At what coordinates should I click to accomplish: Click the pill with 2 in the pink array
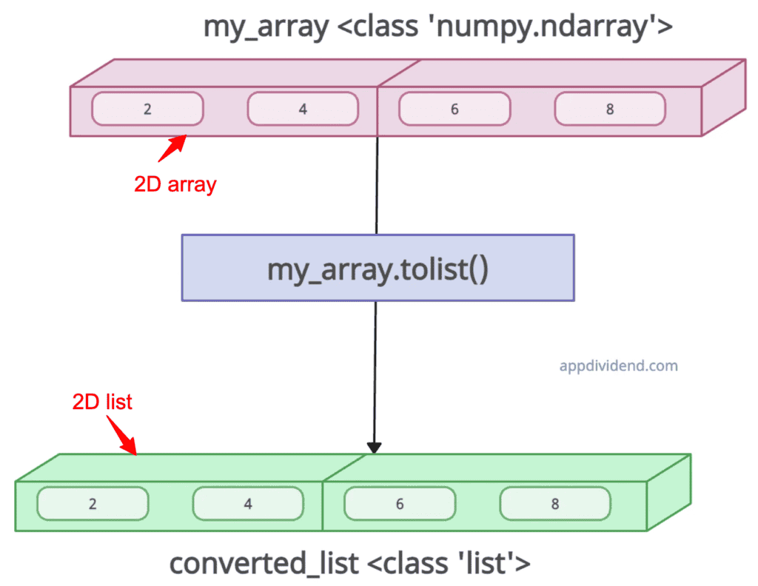[x=147, y=109]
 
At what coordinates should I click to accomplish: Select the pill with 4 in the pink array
[x=303, y=109]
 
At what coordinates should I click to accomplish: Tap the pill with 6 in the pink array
[x=454, y=109]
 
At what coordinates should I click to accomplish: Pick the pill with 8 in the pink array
[x=609, y=109]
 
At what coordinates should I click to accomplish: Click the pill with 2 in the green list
[x=93, y=504]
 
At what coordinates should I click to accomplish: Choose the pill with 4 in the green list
[x=248, y=504]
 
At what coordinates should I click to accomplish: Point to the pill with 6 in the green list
[x=400, y=504]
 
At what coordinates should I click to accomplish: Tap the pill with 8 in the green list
[x=555, y=504]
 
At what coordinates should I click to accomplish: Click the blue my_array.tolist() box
[x=378, y=268]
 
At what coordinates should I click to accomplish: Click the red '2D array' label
[x=175, y=183]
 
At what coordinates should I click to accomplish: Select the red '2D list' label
[x=102, y=402]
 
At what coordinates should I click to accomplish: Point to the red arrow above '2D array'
[x=171, y=146]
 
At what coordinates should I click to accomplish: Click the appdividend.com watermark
[x=618, y=366]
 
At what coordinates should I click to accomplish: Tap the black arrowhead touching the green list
[x=375, y=448]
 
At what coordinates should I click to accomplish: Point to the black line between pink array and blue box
[x=378, y=185]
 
